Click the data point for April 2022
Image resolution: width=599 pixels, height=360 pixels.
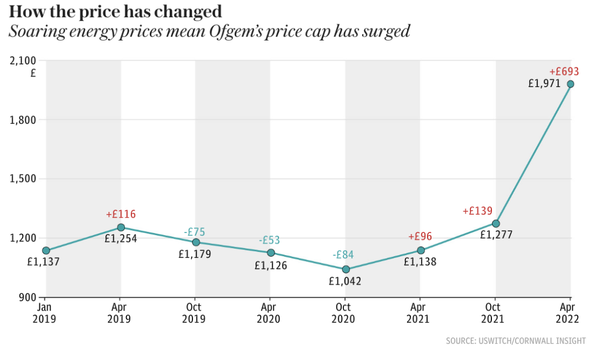click(570, 84)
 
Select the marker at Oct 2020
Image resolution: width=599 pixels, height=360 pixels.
click(346, 270)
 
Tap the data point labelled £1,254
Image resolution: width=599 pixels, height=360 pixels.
click(121, 227)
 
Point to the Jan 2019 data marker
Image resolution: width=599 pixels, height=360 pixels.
click(46, 251)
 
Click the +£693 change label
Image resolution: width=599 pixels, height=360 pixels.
click(564, 72)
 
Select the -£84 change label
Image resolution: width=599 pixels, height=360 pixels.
click(343, 255)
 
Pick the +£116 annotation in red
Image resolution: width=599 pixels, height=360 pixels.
click(120, 214)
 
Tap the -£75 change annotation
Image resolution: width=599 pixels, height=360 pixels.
click(195, 232)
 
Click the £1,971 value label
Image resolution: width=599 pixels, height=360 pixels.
click(544, 84)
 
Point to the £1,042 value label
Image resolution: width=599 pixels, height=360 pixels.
click(344, 281)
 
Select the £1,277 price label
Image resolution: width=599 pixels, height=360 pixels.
click(496, 235)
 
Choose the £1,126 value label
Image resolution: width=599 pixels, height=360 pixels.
click(271, 266)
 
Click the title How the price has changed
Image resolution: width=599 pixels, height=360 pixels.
click(115, 11)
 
